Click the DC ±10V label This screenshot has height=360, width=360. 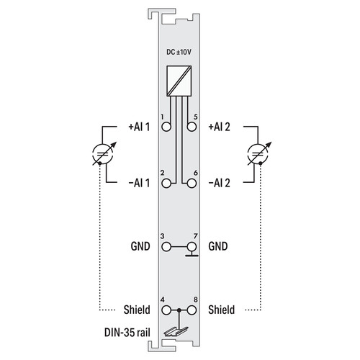pyautogui.click(x=179, y=52)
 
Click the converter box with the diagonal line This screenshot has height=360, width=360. pyautogui.click(x=179, y=81)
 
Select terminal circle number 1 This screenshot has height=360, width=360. pyautogui.click(x=166, y=127)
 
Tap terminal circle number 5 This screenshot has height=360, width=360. pyautogui.click(x=192, y=127)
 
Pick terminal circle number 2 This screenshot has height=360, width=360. pyautogui.click(x=166, y=184)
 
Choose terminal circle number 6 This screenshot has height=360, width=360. pyautogui.click(x=192, y=184)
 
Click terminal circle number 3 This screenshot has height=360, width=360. pyautogui.click(x=166, y=246)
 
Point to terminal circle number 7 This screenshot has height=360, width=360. pyautogui.click(x=192, y=246)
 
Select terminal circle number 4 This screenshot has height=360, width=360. pyautogui.click(x=166, y=310)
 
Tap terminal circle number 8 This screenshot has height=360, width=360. pyautogui.click(x=192, y=310)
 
